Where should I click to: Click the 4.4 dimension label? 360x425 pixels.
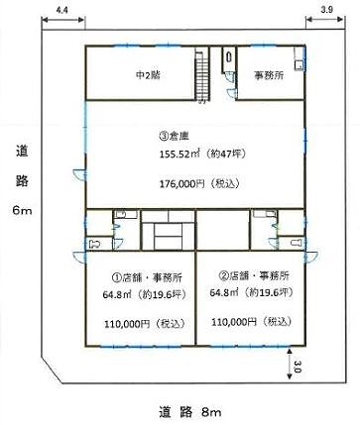click(x=61, y=10)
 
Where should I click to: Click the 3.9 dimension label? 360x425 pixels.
click(x=326, y=10)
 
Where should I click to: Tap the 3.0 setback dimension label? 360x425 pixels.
click(x=298, y=367)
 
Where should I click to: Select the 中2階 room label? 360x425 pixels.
click(x=148, y=75)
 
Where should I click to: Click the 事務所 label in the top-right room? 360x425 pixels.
click(x=269, y=75)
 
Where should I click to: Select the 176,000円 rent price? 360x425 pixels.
click(x=182, y=183)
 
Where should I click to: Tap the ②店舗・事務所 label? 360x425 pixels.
click(x=254, y=275)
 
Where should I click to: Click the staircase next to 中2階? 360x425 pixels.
click(x=202, y=74)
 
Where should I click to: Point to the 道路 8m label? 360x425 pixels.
click(x=189, y=412)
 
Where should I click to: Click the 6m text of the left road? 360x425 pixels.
click(x=22, y=210)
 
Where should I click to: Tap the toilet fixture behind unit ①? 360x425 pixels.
click(x=94, y=245)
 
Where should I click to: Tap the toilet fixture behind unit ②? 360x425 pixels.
click(x=297, y=243)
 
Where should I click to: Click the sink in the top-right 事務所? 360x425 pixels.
click(x=300, y=65)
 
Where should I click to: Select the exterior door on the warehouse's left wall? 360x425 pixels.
click(x=79, y=173)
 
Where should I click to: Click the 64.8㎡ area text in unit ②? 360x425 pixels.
click(x=224, y=292)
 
